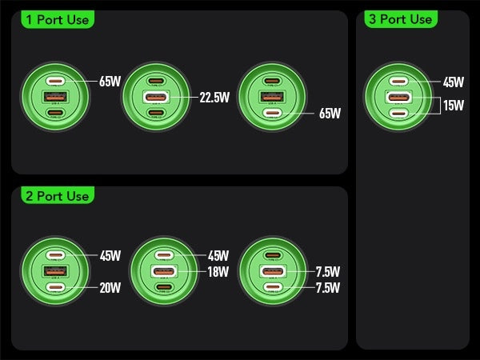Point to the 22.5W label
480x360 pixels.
point(214,98)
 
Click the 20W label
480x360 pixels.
point(110,288)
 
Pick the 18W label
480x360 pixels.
point(218,272)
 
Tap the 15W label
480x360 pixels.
point(453,105)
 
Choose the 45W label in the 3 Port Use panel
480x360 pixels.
point(453,82)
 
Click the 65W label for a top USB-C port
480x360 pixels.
point(110,82)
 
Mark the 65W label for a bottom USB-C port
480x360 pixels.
point(330,114)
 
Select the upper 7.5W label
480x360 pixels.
point(328,272)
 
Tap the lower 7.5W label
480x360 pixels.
point(328,288)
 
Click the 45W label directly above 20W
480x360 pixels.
point(110,256)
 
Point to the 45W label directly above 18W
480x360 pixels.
point(218,256)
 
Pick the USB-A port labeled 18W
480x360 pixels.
point(163,272)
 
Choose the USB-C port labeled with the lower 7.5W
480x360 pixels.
point(273,287)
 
